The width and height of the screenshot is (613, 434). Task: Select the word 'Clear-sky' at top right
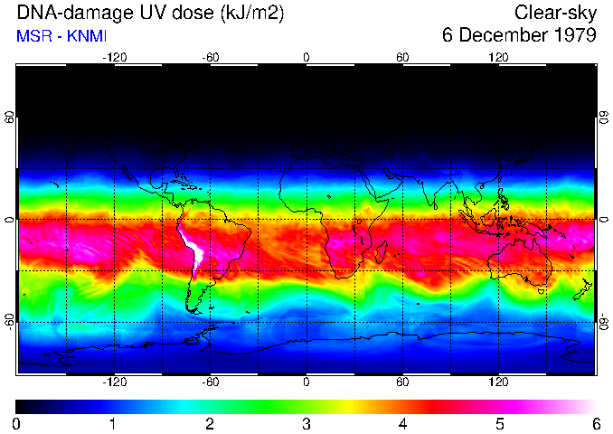click(x=555, y=13)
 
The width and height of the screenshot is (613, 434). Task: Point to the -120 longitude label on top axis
click(x=114, y=57)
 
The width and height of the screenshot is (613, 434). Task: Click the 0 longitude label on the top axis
click(x=306, y=57)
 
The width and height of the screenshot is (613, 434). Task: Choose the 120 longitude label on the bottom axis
click(x=498, y=382)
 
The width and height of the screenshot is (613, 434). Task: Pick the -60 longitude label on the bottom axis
click(x=210, y=382)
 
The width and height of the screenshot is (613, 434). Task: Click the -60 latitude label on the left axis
click(x=11, y=321)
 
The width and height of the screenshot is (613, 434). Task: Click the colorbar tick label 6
click(x=595, y=423)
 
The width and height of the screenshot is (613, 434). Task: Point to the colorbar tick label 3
click(x=306, y=423)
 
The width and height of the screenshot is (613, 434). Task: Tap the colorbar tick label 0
click(x=17, y=423)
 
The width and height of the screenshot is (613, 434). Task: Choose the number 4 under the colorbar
click(x=402, y=423)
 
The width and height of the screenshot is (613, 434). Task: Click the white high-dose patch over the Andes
click(x=193, y=247)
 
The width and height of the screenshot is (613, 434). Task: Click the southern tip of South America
click(x=195, y=310)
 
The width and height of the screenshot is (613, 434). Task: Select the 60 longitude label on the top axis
click(x=402, y=57)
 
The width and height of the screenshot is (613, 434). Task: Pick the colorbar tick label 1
click(x=114, y=423)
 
